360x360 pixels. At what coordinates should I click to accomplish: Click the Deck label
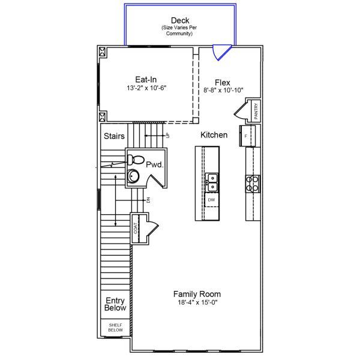(180, 20)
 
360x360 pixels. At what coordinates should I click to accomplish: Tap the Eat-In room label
(146, 79)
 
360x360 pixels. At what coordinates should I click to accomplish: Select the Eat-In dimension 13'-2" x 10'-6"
(146, 88)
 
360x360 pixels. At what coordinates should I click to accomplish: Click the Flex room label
(223, 82)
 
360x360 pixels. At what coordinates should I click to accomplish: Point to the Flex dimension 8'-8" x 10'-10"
(223, 91)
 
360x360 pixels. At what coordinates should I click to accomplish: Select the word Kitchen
(214, 135)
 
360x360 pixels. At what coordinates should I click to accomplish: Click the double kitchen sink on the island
(211, 178)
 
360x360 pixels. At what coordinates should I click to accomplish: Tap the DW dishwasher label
(211, 199)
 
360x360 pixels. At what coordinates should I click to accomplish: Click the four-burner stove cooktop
(253, 183)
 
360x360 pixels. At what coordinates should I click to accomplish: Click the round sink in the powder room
(133, 176)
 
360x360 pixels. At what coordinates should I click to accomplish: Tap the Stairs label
(114, 136)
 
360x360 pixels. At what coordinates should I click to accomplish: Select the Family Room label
(197, 294)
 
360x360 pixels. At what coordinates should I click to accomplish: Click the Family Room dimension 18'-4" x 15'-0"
(197, 303)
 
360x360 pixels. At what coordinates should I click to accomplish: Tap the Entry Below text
(115, 304)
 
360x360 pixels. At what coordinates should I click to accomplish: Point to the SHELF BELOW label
(115, 327)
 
